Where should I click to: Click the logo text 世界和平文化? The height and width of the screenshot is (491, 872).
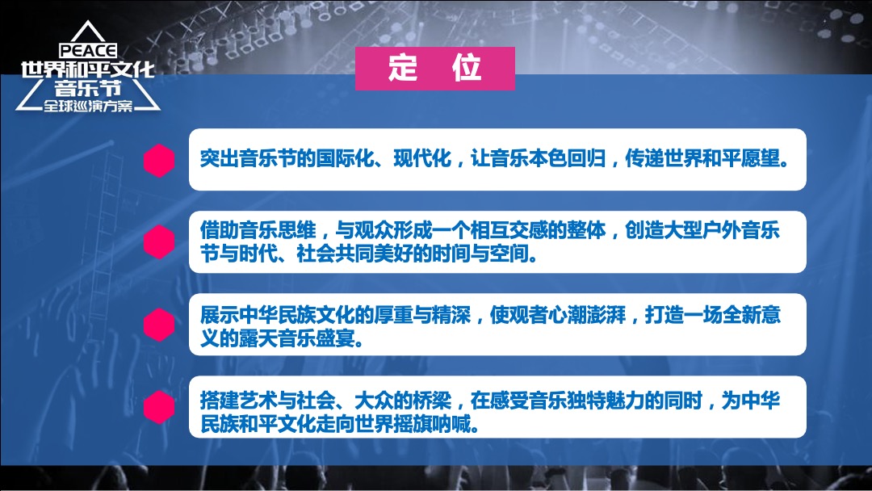pyautogui.click(x=88, y=70)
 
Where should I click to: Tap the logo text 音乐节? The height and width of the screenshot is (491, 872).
pyautogui.click(x=88, y=89)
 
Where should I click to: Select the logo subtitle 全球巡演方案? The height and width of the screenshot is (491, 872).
pyautogui.click(x=88, y=106)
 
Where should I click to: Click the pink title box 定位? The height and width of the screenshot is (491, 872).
pyautogui.click(x=434, y=69)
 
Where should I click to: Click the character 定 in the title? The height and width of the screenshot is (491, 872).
pyautogui.click(x=402, y=69)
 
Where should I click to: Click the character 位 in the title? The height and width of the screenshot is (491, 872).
pyautogui.click(x=467, y=69)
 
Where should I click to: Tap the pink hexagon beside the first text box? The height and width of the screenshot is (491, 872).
pyautogui.click(x=159, y=160)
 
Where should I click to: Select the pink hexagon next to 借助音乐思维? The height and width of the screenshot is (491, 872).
pyautogui.click(x=159, y=242)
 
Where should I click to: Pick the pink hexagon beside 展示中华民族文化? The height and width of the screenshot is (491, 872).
pyautogui.click(x=159, y=325)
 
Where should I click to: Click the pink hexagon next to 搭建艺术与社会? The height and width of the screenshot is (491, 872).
pyautogui.click(x=159, y=407)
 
